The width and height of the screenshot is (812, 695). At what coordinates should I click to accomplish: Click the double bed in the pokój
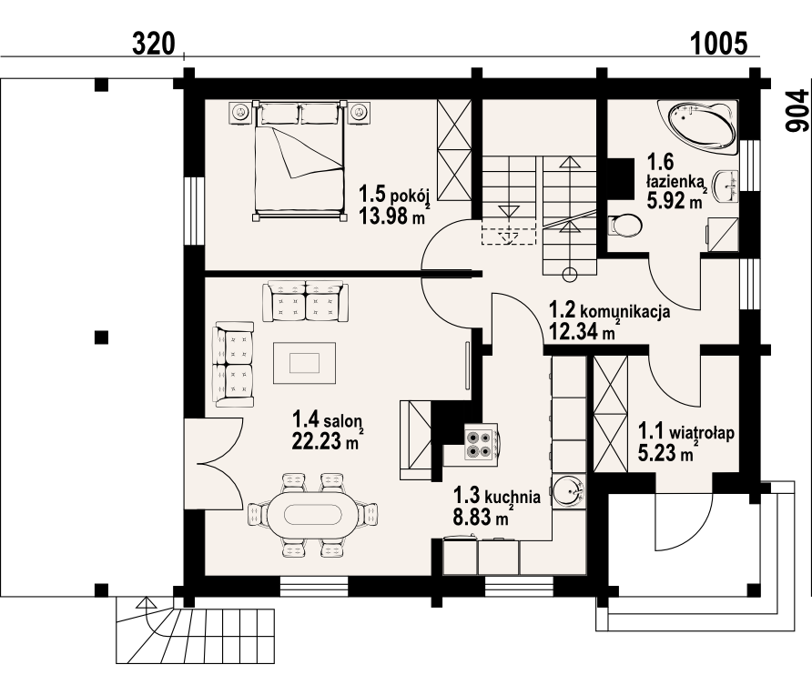click(299, 161)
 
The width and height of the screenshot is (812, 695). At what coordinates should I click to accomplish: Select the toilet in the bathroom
click(625, 226)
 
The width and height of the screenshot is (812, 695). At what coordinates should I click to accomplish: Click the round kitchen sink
click(569, 490)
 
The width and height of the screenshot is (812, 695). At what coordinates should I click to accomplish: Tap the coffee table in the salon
click(304, 363)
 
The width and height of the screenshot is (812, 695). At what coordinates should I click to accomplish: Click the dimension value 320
click(154, 44)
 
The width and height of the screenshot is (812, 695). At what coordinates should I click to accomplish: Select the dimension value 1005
click(719, 44)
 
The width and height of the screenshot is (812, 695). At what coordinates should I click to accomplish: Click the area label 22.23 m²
click(326, 440)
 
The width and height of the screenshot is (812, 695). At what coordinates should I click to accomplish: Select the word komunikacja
click(625, 311)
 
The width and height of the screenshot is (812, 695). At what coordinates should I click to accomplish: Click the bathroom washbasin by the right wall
click(726, 186)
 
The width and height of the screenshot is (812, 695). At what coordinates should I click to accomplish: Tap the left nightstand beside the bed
click(240, 112)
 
